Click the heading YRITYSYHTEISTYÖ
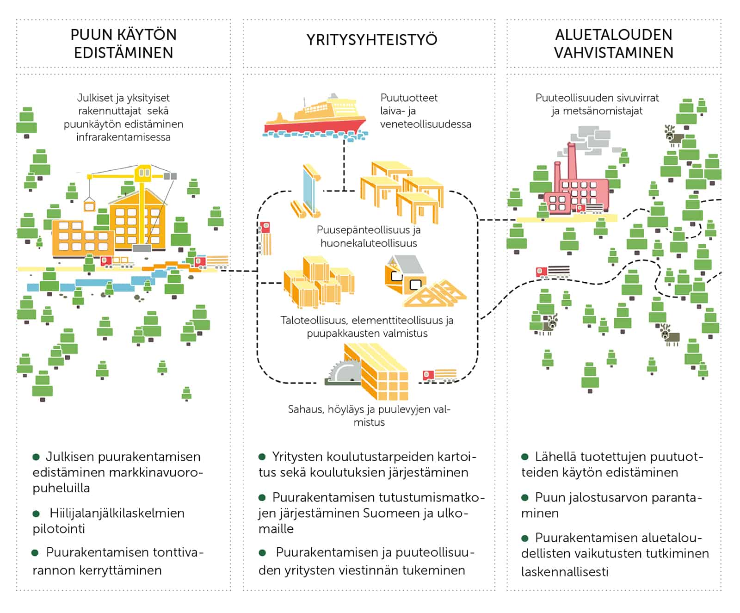click(371, 40)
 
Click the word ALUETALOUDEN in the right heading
click(613, 35)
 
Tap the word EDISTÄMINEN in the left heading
click(123, 53)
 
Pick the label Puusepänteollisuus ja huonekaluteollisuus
click(369, 236)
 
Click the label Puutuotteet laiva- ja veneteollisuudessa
click(425, 111)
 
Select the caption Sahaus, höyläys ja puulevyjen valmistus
click(369, 415)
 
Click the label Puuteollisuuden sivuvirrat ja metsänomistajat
click(597, 104)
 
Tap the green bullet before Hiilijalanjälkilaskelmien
click(36, 514)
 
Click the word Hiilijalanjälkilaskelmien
click(117, 513)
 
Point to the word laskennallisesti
click(564, 572)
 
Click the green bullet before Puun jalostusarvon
click(525, 498)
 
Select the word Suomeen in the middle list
click(392, 513)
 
